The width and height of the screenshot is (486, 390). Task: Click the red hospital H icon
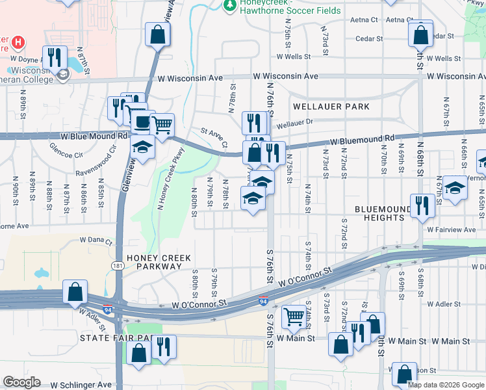click(18, 43)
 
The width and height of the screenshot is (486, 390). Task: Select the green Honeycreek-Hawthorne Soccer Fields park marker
click(229, 6)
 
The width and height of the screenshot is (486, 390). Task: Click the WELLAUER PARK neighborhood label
click(331, 107)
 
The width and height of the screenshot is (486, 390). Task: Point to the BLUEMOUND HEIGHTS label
click(379, 213)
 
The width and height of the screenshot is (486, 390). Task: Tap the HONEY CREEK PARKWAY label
click(154, 262)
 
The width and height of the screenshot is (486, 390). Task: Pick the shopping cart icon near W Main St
click(294, 317)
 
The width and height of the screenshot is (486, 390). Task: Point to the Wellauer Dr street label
click(294, 122)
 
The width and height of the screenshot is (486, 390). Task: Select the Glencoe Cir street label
click(66, 155)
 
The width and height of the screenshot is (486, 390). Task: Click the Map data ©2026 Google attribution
click(445, 385)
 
